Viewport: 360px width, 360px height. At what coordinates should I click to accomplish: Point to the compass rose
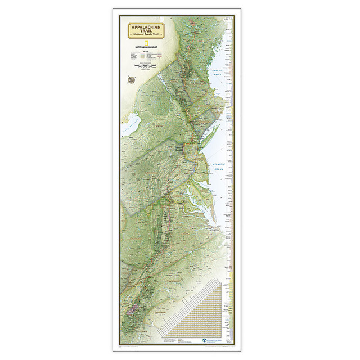coord(132,79)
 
